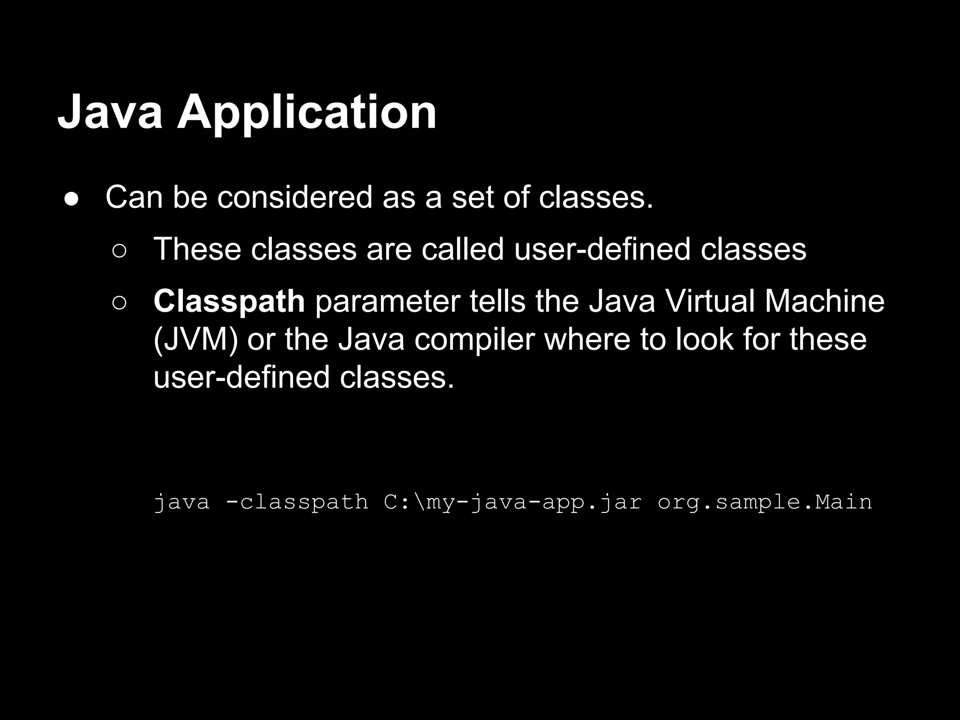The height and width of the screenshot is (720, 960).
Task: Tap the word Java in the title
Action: [110, 112]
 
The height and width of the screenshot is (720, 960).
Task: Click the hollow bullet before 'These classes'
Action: [119, 251]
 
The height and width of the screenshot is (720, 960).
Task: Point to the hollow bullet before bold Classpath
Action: [119, 303]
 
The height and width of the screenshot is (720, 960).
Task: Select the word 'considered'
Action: [295, 197]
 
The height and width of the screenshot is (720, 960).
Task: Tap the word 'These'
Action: [197, 249]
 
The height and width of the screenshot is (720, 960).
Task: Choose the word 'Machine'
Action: [825, 301]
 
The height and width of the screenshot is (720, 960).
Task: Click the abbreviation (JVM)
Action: [195, 340]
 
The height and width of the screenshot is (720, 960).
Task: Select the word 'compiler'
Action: [474, 340]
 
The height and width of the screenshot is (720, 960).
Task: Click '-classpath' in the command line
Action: [297, 502]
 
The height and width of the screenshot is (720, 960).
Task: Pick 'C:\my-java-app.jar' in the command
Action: [513, 502]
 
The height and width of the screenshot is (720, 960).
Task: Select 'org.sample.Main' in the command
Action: [765, 502]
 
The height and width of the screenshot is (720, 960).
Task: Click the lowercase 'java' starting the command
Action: [182, 502]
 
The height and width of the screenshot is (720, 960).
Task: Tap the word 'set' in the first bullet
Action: [472, 197]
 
